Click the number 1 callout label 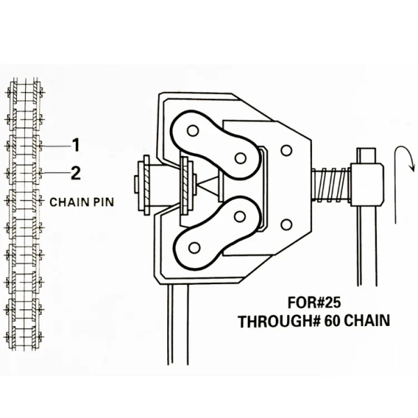(x=76, y=145)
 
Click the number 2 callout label (x=76, y=173)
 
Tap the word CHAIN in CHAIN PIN (x=69, y=202)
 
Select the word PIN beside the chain (x=103, y=202)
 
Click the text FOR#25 (x=314, y=302)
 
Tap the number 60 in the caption (x=332, y=321)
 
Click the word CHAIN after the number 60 (x=366, y=320)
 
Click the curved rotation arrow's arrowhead (x=412, y=167)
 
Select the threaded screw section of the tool (x=332, y=185)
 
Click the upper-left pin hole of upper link (x=193, y=131)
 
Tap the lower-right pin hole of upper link (x=240, y=158)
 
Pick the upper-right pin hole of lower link (x=240, y=217)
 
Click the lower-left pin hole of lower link (x=194, y=247)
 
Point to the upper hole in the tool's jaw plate (x=286, y=150)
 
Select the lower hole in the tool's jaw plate (x=286, y=225)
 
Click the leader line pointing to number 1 (x=56, y=146)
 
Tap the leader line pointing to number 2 (x=56, y=173)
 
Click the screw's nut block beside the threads (x=367, y=185)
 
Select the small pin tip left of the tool (x=135, y=185)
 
